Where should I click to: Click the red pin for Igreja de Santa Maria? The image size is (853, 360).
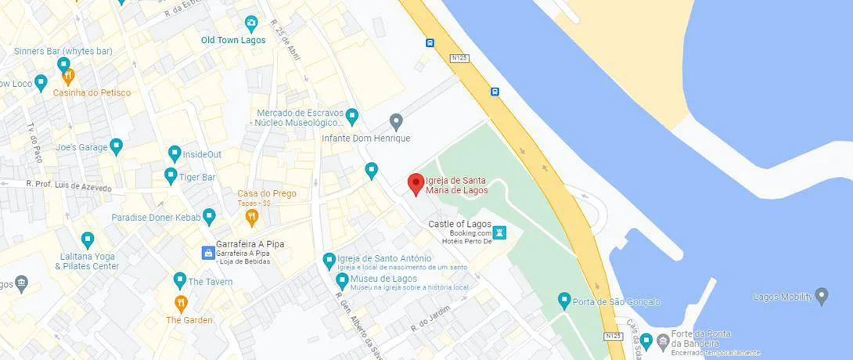click(x=416, y=184)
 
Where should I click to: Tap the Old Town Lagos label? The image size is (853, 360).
click(x=233, y=41)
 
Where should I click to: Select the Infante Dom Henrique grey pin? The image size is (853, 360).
click(x=396, y=121)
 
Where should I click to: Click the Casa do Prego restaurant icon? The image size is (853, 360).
click(x=251, y=216)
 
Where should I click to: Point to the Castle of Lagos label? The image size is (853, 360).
click(x=459, y=224)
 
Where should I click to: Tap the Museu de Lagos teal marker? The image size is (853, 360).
click(x=342, y=280)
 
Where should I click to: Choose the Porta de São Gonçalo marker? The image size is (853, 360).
click(x=564, y=301)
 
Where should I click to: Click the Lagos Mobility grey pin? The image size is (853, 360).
click(x=821, y=296)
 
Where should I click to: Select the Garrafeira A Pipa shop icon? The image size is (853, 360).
click(x=208, y=252)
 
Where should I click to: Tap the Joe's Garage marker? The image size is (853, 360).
click(x=117, y=146)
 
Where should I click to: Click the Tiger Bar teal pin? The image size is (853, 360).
click(x=171, y=176)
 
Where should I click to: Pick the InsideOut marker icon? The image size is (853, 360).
click(x=175, y=153)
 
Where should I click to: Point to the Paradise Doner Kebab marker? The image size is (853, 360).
click(x=209, y=216)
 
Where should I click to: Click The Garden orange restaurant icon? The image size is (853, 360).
click(x=181, y=303)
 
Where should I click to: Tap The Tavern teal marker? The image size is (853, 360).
click(x=180, y=280)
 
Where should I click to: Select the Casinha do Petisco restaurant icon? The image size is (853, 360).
click(x=68, y=77)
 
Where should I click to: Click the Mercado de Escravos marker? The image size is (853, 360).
click(x=352, y=117)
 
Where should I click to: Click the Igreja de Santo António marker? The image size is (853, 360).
click(x=329, y=259)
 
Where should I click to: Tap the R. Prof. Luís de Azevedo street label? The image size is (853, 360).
click(x=69, y=186)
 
